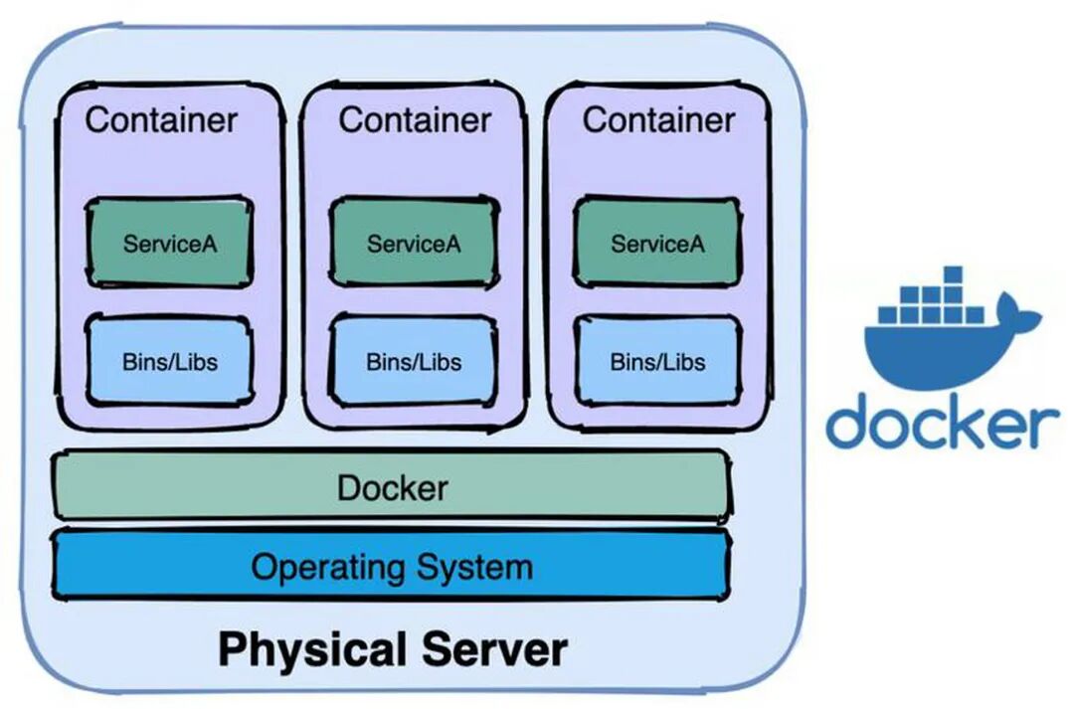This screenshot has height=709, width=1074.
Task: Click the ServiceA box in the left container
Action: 169,242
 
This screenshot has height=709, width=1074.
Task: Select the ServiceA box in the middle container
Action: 414,242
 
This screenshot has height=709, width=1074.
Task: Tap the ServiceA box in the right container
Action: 657,242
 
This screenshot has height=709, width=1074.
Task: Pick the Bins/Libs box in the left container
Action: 169,360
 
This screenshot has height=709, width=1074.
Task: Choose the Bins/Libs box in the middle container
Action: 414,360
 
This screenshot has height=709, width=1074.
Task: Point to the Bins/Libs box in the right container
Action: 657,360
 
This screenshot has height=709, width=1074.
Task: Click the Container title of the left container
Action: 161,120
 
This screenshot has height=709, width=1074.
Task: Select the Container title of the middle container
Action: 415,120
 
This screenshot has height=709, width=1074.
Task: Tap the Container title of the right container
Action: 658,120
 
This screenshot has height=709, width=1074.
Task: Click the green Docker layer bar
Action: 392,487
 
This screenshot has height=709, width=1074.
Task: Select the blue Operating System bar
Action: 392,567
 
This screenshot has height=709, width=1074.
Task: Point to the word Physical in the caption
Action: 314,649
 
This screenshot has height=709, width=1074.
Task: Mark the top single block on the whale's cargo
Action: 952,275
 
